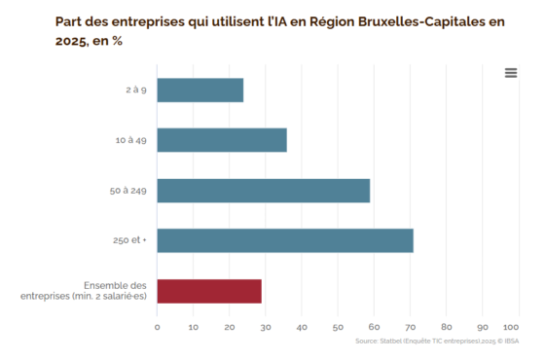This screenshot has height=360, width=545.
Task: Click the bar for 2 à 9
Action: [x=200, y=90]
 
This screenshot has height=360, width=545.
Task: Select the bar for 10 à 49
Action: [x=222, y=140]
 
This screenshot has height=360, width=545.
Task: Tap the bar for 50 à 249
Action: [x=264, y=191]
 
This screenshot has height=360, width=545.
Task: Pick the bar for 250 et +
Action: [x=285, y=240]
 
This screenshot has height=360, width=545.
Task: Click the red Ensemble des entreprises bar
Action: [x=209, y=291]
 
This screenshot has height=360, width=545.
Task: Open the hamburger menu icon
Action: [x=511, y=73]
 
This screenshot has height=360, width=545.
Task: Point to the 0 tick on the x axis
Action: [x=157, y=327]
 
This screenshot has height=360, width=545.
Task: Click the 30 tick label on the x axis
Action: [x=266, y=327]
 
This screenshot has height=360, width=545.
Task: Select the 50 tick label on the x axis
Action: [x=338, y=327]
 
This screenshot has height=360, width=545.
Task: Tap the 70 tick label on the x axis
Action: [x=411, y=327]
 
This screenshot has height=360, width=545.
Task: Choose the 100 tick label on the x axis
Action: [x=511, y=327]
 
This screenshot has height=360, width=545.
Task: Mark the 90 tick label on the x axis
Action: [x=483, y=327]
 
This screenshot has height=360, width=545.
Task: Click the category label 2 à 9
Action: [x=136, y=90]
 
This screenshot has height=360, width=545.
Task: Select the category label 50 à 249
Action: [x=128, y=191]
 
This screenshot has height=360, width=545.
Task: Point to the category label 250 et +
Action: [x=129, y=240]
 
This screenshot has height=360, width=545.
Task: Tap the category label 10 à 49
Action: [x=131, y=140]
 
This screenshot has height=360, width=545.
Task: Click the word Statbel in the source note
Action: [x=390, y=342]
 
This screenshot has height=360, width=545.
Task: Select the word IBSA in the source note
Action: [x=512, y=342]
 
